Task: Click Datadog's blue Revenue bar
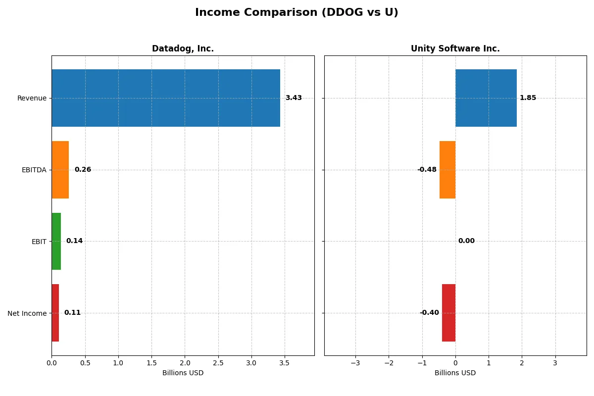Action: coord(166,98)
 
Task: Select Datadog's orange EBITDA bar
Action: coord(60,170)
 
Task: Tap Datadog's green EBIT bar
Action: coord(56,242)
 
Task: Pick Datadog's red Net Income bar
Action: coord(55,313)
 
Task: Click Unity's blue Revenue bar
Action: coord(486,98)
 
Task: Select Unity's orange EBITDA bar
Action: coord(447,170)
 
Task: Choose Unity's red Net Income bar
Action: coord(448,313)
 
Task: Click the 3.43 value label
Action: coord(294,98)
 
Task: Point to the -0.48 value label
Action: coord(427,170)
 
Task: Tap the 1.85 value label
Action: coord(528,98)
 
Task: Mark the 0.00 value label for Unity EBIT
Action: coord(466,241)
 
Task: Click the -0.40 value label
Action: coord(429,313)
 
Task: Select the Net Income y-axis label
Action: coord(27,313)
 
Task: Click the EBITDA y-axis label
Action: coord(34,170)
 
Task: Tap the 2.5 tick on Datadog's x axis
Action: coord(218,363)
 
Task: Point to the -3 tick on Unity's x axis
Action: coord(355,363)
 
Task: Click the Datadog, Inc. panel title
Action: coord(183,49)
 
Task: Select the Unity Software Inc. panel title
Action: coord(455,49)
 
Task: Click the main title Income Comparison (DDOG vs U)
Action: coord(297,12)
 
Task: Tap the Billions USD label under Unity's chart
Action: coord(455,373)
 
